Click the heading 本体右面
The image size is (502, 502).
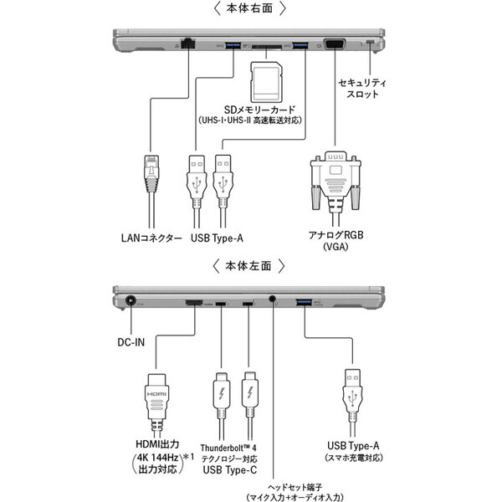[x=250, y=9]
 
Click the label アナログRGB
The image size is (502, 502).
[x=334, y=235]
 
